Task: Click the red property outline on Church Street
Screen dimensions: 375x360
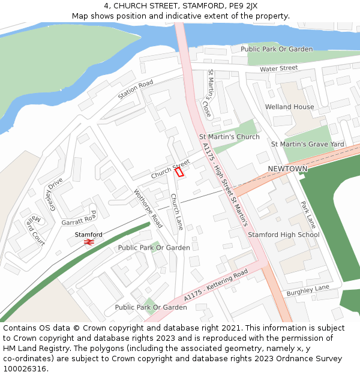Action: coord(179,172)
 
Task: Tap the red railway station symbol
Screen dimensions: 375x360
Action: coord(89,242)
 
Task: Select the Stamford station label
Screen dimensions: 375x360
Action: coord(89,234)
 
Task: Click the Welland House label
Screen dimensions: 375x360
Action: coord(290,107)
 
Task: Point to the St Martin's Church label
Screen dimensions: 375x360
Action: coord(229,137)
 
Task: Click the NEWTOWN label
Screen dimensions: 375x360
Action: coord(287,169)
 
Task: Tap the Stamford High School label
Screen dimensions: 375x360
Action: coord(284,235)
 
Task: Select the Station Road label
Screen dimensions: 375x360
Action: coord(136,90)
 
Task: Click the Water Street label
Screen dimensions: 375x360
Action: coord(279,69)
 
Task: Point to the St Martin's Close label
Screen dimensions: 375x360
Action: coord(209,93)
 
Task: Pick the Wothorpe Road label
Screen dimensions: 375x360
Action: coord(148,208)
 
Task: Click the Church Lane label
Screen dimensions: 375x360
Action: coord(176,212)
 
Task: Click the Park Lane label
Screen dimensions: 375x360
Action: coord(308,215)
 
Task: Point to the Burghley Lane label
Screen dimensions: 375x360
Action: coord(308,290)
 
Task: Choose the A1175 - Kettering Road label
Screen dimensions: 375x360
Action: coord(216,285)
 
